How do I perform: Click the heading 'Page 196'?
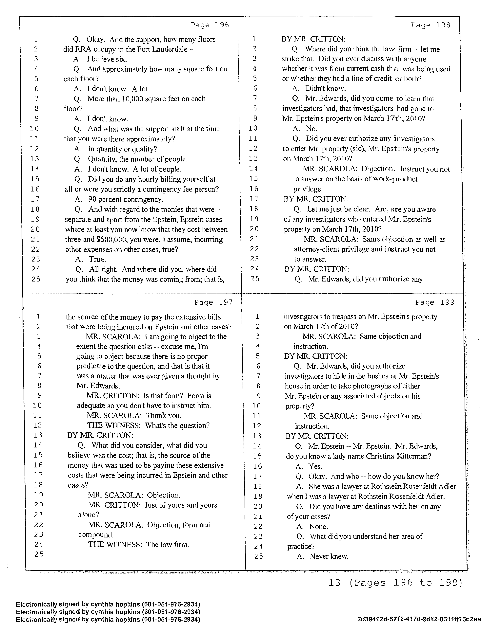coord(210,25)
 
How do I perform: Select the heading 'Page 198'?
coord(430,25)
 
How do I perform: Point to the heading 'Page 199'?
coord(435,302)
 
